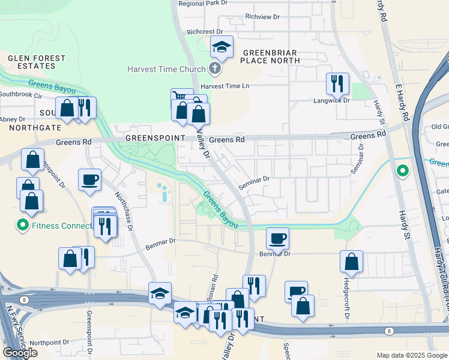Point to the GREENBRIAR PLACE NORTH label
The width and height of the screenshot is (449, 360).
[270, 56]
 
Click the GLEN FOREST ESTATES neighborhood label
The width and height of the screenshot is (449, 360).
[37, 63]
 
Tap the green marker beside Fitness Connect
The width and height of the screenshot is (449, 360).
[23, 226]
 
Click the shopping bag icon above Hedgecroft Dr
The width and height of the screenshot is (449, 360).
[351, 261]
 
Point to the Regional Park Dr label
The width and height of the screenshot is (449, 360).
[204, 4]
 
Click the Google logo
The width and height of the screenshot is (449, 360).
[20, 353]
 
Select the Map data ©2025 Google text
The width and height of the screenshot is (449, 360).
[411, 355]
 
